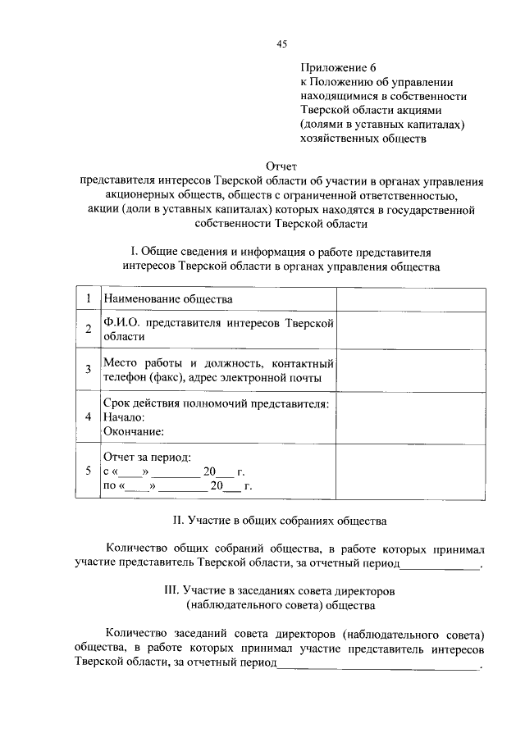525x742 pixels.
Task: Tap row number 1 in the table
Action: pyautogui.click(x=87, y=299)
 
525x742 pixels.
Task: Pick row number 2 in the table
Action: pyautogui.click(x=87, y=330)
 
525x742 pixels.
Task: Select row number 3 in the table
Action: pyautogui.click(x=87, y=369)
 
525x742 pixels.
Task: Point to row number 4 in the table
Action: pyautogui.click(x=87, y=416)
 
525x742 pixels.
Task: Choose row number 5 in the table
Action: pyautogui.click(x=87, y=471)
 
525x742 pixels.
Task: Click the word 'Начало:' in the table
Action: pyautogui.click(x=124, y=417)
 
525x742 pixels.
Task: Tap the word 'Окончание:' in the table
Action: pyautogui.click(x=134, y=430)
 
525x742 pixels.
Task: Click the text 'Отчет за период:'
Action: pyautogui.click(x=147, y=456)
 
